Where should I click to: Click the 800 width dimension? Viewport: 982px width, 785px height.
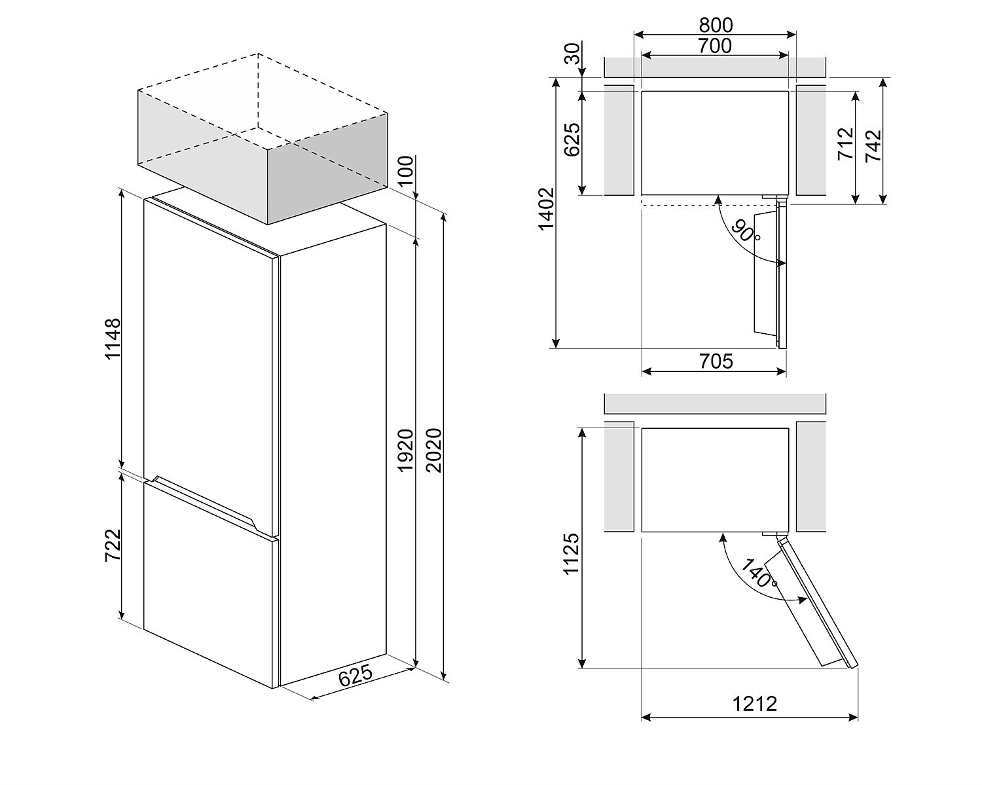(716, 25)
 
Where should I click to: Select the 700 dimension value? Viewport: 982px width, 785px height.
(715, 46)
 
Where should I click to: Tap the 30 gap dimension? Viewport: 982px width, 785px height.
(573, 54)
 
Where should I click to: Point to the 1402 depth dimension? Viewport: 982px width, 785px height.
(547, 209)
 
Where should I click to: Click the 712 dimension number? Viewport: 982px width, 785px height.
(846, 143)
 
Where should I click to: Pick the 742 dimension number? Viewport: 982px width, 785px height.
(873, 146)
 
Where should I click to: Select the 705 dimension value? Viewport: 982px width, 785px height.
(716, 361)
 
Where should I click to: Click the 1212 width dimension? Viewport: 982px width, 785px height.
(754, 704)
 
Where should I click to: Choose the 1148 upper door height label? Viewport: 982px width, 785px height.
(113, 338)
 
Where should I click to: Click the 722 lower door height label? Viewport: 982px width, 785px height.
(113, 545)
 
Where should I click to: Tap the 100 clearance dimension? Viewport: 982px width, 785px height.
(405, 171)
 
